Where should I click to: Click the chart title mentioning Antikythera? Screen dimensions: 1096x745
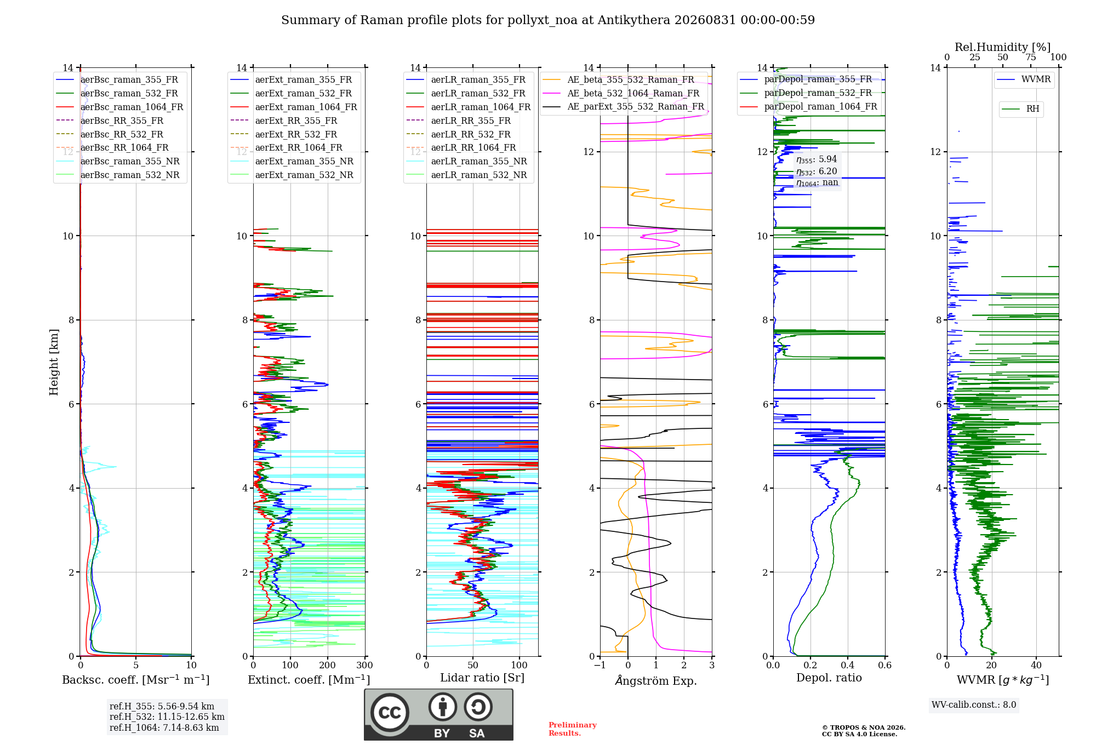[548, 20]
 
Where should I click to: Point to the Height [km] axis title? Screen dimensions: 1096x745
[54, 362]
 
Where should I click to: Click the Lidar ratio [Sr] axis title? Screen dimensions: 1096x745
[482, 678]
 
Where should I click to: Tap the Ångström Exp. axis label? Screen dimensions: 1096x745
[656, 680]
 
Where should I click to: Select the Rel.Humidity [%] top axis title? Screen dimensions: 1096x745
[1003, 47]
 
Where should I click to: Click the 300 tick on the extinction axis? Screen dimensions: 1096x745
[364, 665]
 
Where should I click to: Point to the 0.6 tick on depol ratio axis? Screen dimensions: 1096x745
[885, 665]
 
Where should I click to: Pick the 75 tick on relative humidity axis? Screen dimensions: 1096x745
[1031, 57]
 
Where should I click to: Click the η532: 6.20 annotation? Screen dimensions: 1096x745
[817, 171]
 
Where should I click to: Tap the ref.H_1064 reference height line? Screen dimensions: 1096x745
[164, 727]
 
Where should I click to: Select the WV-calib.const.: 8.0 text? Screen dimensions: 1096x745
[974, 704]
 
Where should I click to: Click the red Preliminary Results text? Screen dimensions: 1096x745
[573, 729]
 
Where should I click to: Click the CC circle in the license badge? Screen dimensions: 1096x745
[390, 712]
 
